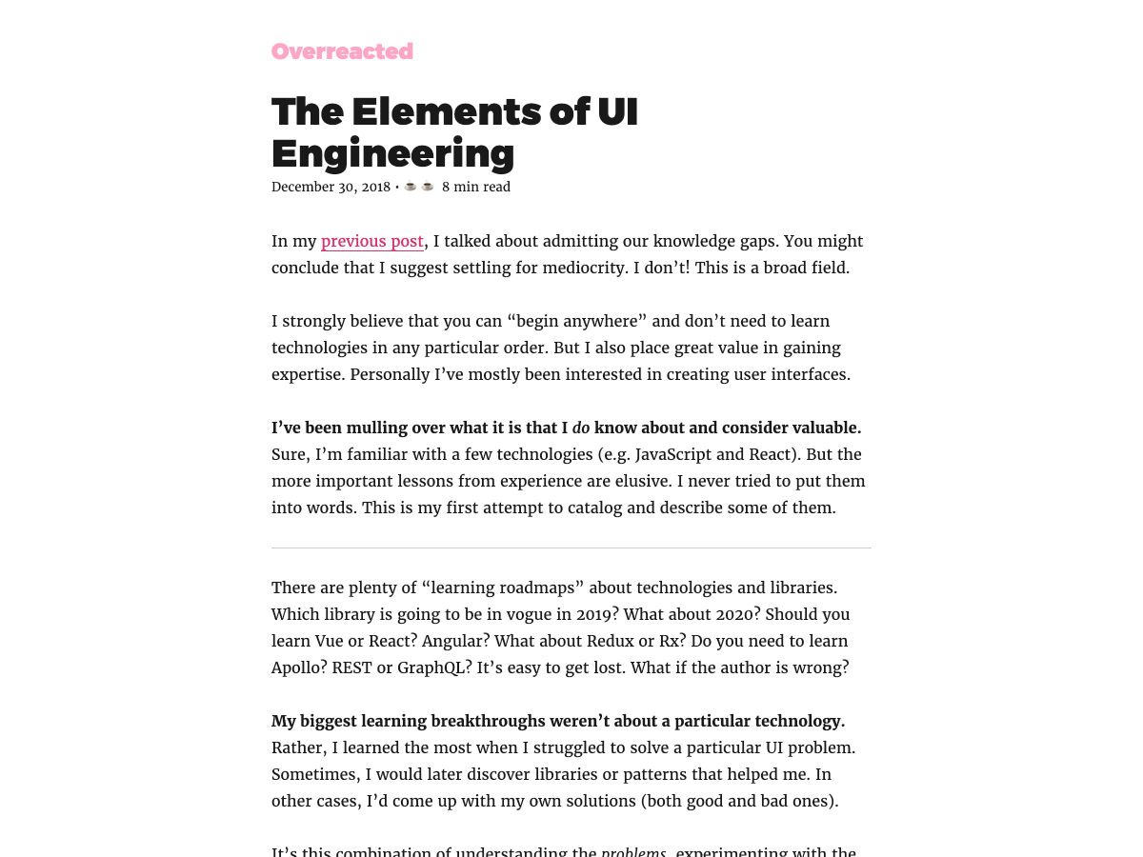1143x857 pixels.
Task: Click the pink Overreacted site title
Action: click(342, 51)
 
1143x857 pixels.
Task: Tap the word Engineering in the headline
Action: click(392, 153)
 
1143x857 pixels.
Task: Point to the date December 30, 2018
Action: click(331, 187)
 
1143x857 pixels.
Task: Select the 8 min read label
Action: click(476, 187)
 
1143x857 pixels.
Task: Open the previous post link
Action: click(372, 241)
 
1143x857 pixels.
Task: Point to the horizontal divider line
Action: click(571, 548)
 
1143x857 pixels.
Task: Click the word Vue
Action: click(329, 641)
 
